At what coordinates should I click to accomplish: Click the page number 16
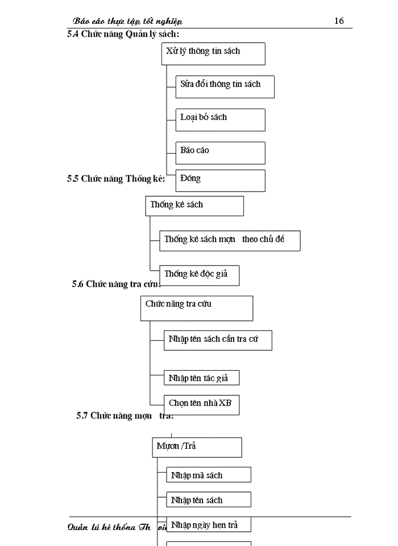click(339, 21)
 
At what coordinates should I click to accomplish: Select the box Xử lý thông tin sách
click(213, 53)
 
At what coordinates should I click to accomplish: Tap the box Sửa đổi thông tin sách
click(225, 86)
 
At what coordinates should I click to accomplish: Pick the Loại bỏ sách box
click(219, 119)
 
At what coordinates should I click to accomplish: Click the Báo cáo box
click(219, 152)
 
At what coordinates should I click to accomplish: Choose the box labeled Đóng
click(219, 180)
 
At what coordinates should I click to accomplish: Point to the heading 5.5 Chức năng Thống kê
click(116, 179)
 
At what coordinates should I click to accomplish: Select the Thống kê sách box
click(194, 206)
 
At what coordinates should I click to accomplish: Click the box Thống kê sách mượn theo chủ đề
click(229, 241)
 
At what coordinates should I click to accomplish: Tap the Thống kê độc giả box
click(199, 275)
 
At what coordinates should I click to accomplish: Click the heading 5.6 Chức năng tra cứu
click(117, 284)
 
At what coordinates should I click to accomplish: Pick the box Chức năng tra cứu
click(196, 308)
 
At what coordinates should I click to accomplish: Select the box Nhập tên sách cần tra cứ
click(218, 340)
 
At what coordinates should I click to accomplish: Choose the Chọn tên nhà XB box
click(201, 404)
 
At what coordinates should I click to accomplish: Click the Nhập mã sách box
click(208, 475)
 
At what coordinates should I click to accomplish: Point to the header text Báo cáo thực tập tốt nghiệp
click(127, 21)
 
